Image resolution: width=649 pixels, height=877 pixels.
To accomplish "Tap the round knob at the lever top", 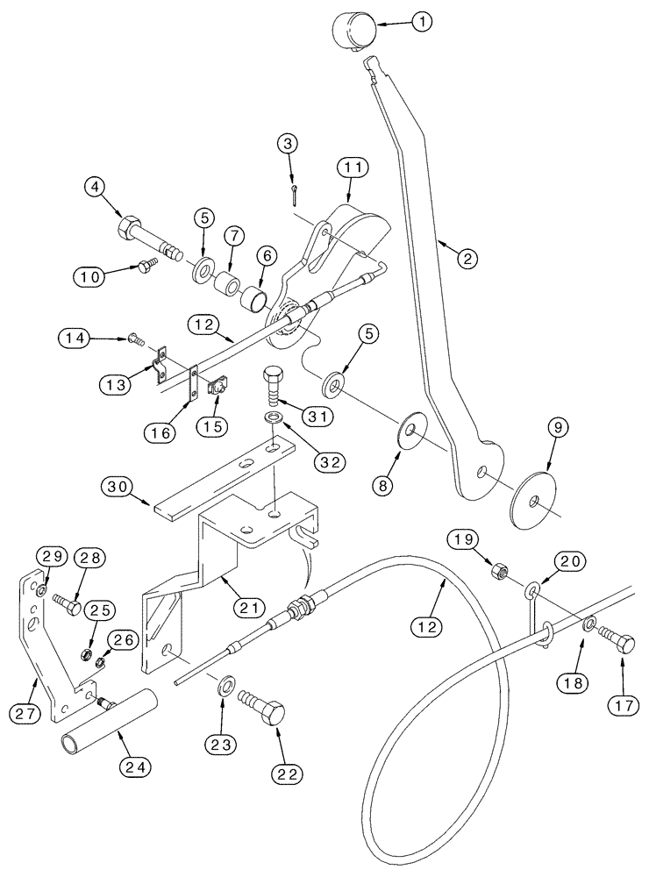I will [x=352, y=34].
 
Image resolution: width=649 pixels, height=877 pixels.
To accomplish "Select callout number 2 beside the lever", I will [x=468, y=259].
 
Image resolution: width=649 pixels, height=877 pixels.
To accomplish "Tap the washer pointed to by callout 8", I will [x=410, y=431].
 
